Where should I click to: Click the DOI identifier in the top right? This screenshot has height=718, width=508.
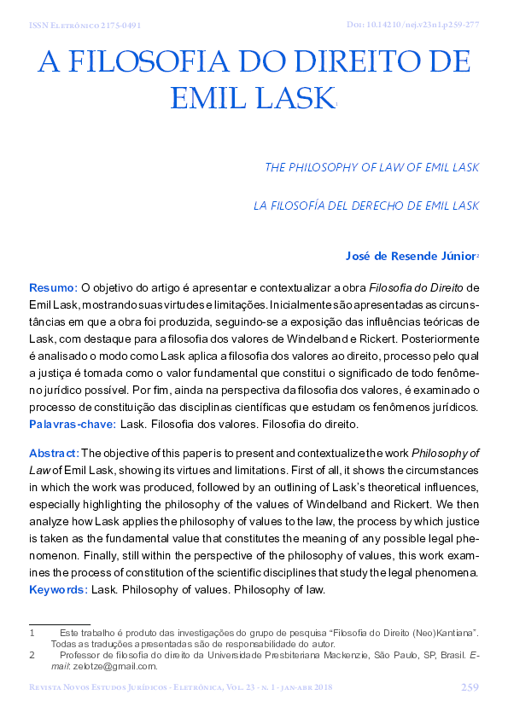pos(420,25)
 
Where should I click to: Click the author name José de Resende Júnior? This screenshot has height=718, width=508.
pos(408,255)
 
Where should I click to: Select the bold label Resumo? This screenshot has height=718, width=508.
pos(53,287)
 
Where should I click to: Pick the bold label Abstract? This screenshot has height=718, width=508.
pos(55,452)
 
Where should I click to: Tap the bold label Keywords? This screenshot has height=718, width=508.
pos(58,589)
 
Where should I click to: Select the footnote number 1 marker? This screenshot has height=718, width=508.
pos(32,632)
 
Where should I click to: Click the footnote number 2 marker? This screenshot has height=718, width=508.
pos(32,655)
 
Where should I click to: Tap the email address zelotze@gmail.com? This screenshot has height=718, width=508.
pos(118,666)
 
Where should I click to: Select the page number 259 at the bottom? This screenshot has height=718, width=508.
pos(469,687)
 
